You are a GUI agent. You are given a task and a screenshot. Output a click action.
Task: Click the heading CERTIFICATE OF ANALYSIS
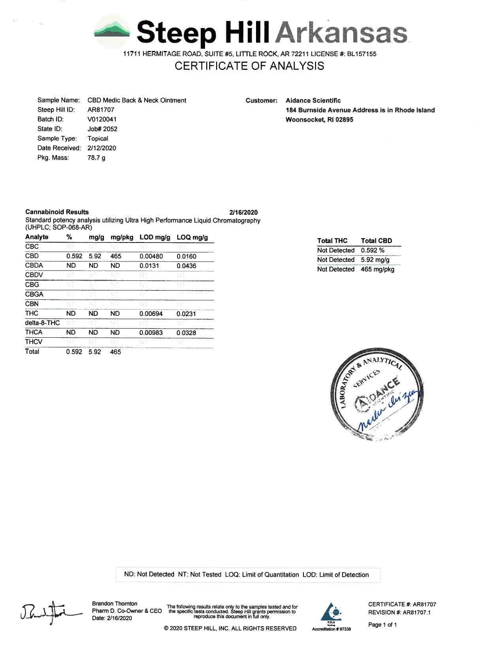coord(249,66)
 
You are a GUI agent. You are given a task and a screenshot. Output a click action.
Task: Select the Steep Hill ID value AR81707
coord(101,110)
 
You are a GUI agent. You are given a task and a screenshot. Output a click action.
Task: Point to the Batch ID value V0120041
coord(102,119)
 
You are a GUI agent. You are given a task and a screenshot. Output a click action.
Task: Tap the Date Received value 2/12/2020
coord(102,148)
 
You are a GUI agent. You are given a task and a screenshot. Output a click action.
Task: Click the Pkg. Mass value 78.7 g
coord(96,158)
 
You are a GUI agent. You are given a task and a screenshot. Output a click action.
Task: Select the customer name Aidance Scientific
coord(313,100)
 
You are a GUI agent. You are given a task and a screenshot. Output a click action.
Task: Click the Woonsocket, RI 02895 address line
coord(319,120)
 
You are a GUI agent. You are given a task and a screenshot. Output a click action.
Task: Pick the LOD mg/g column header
coord(155,237)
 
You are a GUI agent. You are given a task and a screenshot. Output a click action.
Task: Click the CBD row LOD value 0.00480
coord(151,256)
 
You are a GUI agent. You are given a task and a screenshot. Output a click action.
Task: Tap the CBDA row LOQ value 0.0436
coord(186,266)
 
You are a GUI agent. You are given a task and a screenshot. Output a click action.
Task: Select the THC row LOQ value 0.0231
coord(186,314)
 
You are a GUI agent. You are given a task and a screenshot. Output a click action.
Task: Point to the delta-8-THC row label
coord(42,323)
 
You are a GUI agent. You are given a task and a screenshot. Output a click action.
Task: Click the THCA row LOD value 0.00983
coord(151,333)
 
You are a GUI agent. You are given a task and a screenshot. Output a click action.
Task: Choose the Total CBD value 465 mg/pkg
coord(377,269)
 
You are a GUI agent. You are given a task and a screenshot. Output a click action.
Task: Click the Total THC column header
coord(332,241)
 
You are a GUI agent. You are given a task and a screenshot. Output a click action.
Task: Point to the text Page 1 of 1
coord(382,624)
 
